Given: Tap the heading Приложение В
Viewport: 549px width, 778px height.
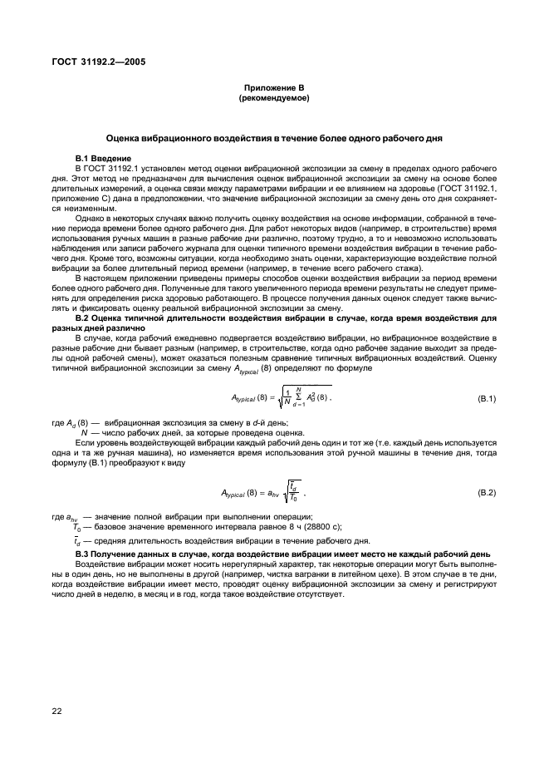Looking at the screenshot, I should click(x=273, y=88).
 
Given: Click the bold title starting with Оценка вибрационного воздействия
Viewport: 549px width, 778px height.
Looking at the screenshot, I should click(x=273, y=137).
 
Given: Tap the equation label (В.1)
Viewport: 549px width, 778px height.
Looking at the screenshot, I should click(x=483, y=400).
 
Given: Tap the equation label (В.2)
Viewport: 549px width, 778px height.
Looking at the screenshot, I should click(x=483, y=494).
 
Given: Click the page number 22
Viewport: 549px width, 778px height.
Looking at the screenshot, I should click(x=58, y=710).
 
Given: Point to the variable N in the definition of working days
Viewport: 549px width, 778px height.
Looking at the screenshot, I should click(x=84, y=432).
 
